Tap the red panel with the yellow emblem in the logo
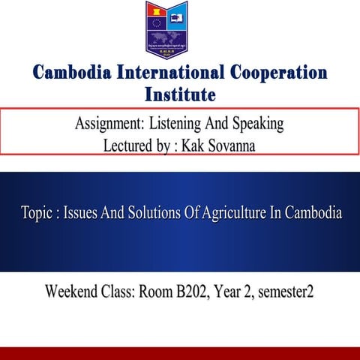tap(157, 13)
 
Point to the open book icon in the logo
tap(177, 13)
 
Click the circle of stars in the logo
tap(157, 31)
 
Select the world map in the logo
tap(175, 34)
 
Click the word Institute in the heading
tap(180, 94)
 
